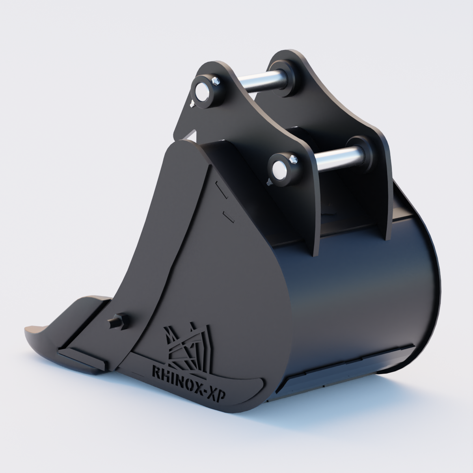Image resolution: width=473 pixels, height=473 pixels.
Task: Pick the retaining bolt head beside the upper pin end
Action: (x=216, y=82)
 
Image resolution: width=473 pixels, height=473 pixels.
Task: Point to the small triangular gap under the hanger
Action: (x=192, y=135)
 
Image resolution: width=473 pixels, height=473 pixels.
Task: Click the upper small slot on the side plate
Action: (x=220, y=190)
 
